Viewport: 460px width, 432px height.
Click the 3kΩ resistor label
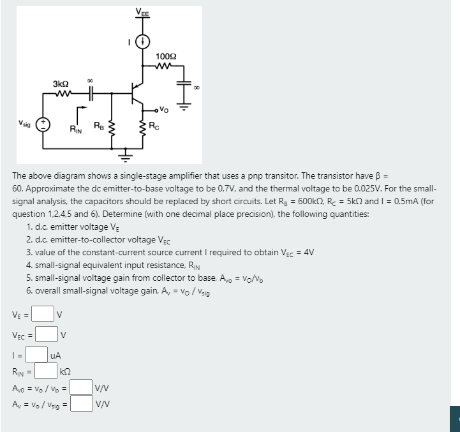tap(61, 84)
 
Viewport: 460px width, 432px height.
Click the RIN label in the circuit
tap(76, 130)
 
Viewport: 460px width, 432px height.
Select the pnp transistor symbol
tap(137, 94)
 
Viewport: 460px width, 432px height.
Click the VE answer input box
tap(43, 313)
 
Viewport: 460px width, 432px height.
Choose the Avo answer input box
tap(80, 387)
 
